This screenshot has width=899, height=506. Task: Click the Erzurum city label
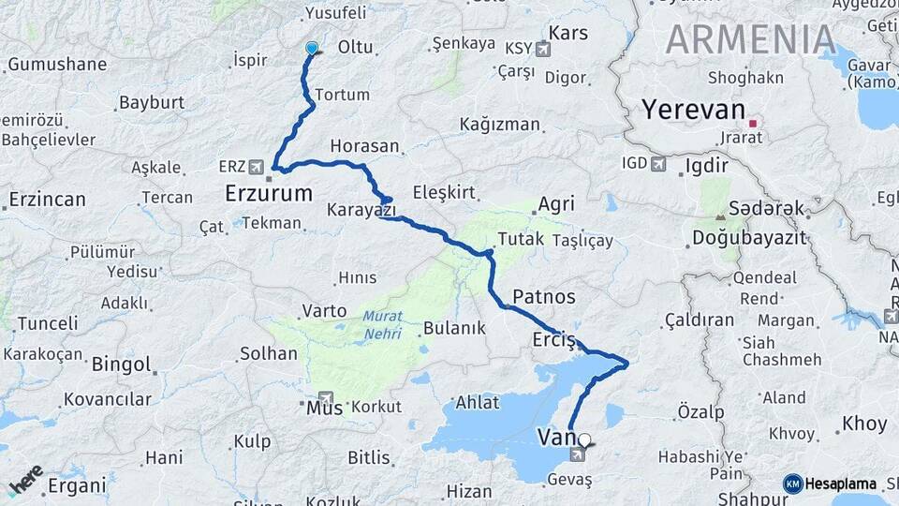tap(269, 194)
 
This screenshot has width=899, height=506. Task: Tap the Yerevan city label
tap(693, 110)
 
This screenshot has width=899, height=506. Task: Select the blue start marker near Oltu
tap(312, 48)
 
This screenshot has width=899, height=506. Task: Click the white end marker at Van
tap(585, 439)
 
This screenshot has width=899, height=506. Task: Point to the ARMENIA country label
tap(751, 39)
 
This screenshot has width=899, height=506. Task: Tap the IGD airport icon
tap(658, 164)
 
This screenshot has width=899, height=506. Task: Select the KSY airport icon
tap(542, 47)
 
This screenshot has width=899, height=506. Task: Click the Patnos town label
tap(543, 297)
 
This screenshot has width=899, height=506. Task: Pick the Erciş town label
tap(552, 339)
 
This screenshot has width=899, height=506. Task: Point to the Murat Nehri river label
tap(382, 324)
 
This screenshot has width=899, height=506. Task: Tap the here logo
tap(26, 480)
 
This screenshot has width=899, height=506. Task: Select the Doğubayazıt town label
tap(749, 237)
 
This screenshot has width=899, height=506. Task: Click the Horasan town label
tap(364, 147)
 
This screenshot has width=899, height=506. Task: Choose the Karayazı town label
tap(361, 209)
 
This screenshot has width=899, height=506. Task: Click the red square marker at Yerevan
tap(752, 123)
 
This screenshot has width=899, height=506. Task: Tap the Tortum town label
tap(342, 95)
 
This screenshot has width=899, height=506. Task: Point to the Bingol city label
tap(122, 365)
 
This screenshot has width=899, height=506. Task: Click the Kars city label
tap(568, 34)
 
